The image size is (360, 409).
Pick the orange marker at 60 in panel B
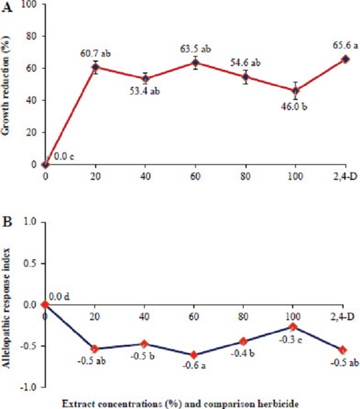tap(194, 355)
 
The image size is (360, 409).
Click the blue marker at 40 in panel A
tap(145, 79)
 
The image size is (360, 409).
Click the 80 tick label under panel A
tap(244, 173)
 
